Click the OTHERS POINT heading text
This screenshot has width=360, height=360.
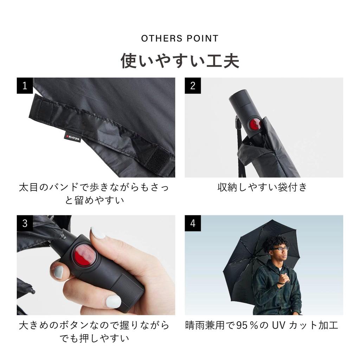click(180, 38)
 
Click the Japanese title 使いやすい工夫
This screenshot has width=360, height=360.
click(180, 60)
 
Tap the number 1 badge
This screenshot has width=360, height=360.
click(25, 85)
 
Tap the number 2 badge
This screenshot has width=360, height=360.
click(193, 85)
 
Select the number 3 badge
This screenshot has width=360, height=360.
click(25, 223)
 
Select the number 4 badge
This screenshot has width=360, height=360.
click(193, 223)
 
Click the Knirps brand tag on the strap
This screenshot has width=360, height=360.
click(73, 137)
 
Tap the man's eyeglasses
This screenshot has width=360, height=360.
click(281, 249)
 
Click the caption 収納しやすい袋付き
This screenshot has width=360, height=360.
click(262, 187)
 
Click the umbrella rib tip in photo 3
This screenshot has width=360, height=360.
click(32, 291)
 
